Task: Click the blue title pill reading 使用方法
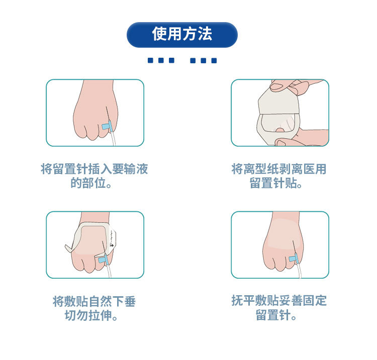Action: click(182, 35)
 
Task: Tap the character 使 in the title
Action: click(160, 34)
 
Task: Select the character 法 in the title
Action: click(205, 34)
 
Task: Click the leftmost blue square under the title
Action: click(150, 60)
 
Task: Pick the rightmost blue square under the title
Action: click(214, 60)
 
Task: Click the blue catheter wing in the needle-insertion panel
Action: click(107, 127)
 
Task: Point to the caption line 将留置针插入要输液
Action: click(95, 169)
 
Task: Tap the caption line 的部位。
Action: click(91, 183)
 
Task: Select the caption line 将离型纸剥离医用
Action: click(279, 169)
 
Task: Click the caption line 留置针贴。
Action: click(276, 183)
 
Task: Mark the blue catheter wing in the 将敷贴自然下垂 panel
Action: click(103, 260)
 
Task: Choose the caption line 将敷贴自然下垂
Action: click(95, 301)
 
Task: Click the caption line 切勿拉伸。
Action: click(91, 315)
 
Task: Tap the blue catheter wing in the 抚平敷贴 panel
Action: click(294, 258)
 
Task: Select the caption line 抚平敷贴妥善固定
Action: click(279, 301)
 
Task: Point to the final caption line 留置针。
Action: click(276, 315)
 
